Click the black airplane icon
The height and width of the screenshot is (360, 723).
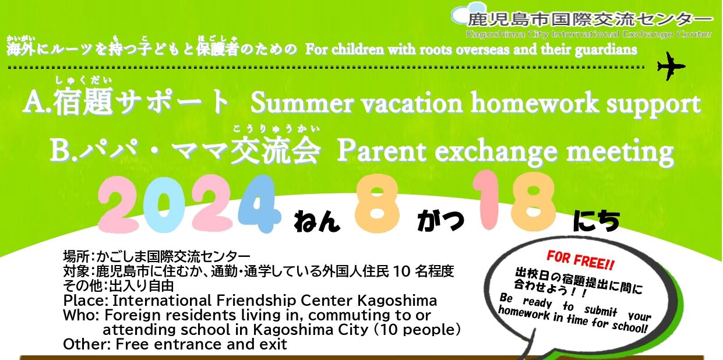(671, 66)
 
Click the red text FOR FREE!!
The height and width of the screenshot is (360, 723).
(581, 260)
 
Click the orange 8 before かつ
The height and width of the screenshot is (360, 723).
(377, 205)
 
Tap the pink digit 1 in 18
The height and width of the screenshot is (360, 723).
(489, 200)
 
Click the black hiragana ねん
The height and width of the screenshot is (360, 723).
(316, 221)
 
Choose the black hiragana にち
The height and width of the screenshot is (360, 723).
(596, 221)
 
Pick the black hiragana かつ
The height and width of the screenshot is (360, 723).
(440, 221)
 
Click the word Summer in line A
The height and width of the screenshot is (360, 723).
(301, 103)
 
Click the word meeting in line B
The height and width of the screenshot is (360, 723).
(620, 153)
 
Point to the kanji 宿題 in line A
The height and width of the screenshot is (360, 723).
(83, 101)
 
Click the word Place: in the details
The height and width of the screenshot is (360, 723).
(86, 301)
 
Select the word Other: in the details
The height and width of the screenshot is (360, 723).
(87, 344)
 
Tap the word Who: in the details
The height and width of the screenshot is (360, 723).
(81, 315)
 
